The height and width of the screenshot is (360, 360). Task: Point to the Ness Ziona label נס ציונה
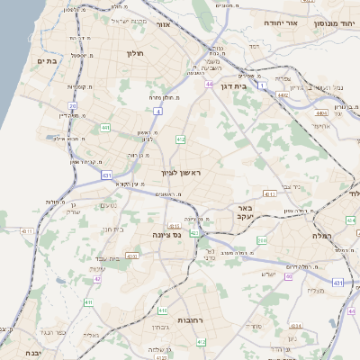(x=166, y=235)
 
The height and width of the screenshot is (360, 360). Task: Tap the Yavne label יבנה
(x=33, y=352)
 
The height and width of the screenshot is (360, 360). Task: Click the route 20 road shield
(x=73, y=106)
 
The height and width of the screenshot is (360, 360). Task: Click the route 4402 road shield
(x=283, y=94)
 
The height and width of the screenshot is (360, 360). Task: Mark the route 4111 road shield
(x=269, y=193)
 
